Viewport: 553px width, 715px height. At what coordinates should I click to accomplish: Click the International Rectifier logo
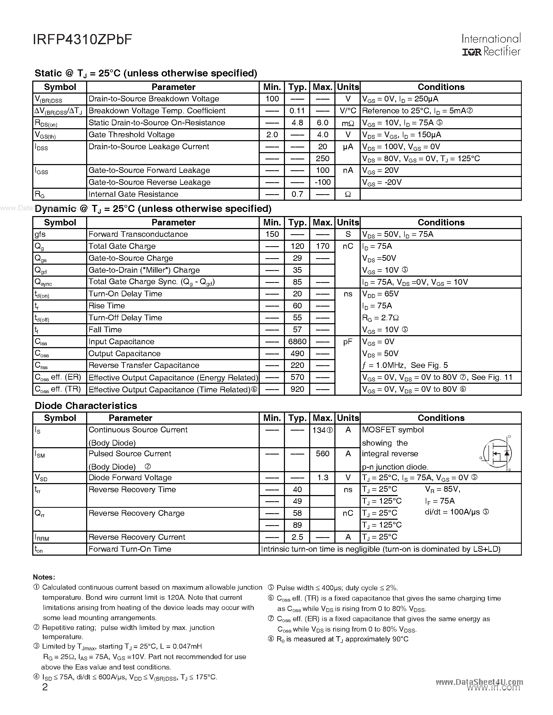point(491,45)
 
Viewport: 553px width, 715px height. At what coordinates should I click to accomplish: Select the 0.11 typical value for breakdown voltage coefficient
point(297,111)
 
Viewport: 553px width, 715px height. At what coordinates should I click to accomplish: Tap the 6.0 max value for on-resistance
point(322,123)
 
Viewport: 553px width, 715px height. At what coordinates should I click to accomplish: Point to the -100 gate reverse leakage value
point(322,182)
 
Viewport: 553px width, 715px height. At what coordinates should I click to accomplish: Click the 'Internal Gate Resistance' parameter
point(133,194)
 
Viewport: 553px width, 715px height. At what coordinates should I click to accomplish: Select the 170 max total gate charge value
point(322,246)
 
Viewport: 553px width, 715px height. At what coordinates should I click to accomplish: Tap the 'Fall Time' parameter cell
point(105,330)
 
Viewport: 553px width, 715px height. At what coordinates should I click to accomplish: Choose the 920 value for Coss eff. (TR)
point(297,389)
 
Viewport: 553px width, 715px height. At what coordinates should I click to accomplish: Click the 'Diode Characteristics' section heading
point(86,406)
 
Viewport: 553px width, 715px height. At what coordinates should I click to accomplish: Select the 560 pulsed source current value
point(322,454)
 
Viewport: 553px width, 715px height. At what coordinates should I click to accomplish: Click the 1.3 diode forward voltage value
point(322,478)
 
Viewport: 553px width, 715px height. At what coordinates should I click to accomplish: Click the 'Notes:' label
point(44,577)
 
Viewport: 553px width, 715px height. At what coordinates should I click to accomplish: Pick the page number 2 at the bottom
point(45,687)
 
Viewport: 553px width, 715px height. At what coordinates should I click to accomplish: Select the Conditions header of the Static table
point(441,87)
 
